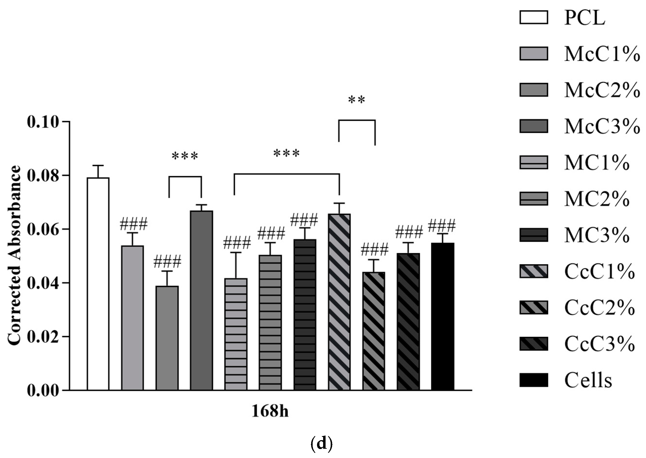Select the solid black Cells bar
pos(443,316)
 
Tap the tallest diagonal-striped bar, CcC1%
pos(339,302)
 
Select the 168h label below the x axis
pos(270,411)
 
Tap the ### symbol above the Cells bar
pos(442,226)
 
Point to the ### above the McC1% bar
pos(133,225)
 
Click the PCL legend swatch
pos(533,18)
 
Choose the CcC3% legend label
pos(599,344)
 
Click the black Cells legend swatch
pos(533,380)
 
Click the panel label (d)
pos(322,444)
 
